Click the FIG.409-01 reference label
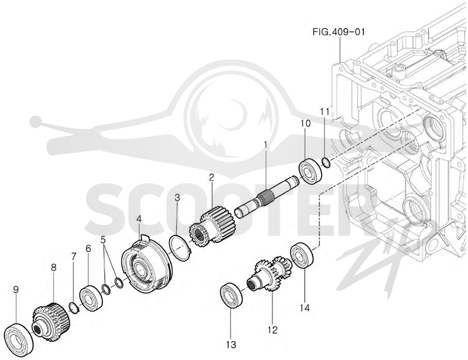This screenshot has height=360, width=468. [x=339, y=32]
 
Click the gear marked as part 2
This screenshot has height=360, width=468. [x=204, y=231]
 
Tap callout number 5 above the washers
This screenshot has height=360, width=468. [x=104, y=240]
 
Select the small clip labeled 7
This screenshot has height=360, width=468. [x=74, y=307]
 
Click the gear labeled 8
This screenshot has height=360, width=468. [x=51, y=321]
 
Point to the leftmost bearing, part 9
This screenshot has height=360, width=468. [x=19, y=339]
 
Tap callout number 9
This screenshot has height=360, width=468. [x=16, y=289]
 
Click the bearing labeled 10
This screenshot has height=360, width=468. [x=311, y=172]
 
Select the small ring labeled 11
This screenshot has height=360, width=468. [x=326, y=162]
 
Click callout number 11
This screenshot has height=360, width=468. [x=325, y=112]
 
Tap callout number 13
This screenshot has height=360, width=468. [x=231, y=344]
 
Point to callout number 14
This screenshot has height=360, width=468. [x=305, y=307]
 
